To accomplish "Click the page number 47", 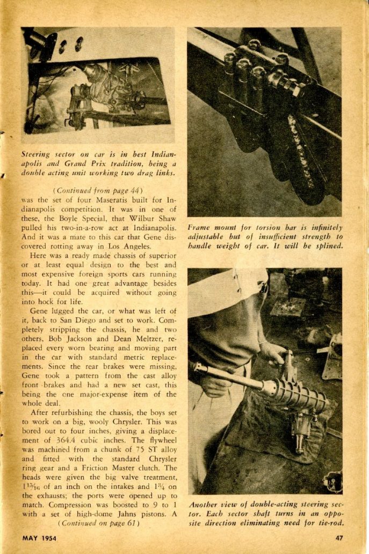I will click(x=338, y=537).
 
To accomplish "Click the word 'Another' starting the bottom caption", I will click(x=204, y=505).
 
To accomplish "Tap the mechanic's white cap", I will click(x=226, y=293).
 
